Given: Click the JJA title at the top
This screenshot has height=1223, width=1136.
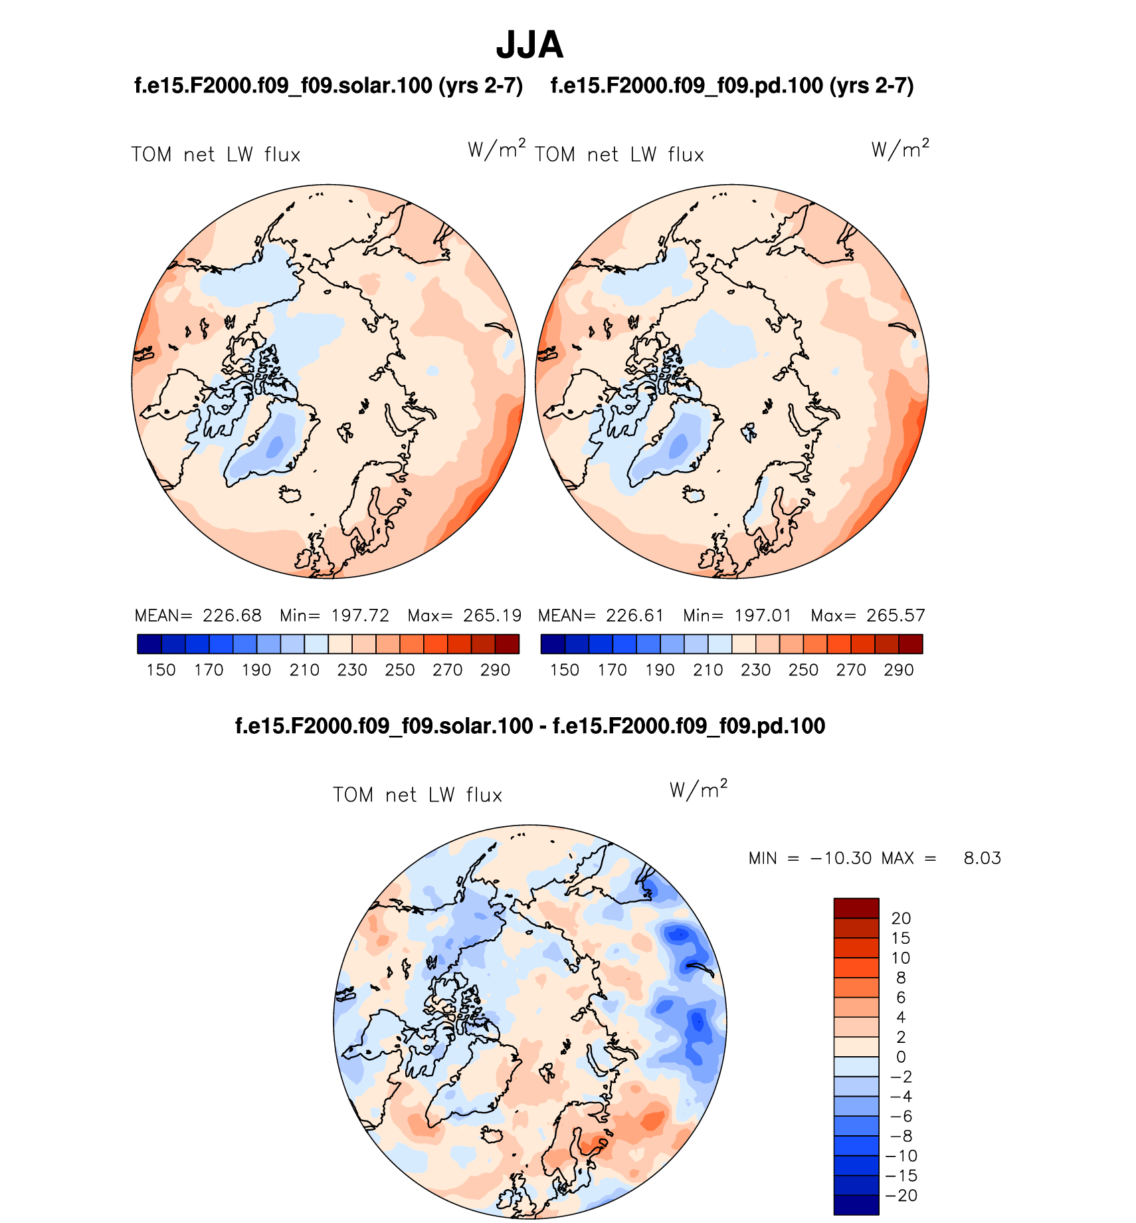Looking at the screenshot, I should [529, 45].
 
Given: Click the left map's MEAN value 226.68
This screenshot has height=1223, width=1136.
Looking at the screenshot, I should [232, 615].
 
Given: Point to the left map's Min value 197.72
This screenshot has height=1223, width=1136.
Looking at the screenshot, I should [360, 615].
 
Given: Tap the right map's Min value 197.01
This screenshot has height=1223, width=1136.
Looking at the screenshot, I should [763, 615].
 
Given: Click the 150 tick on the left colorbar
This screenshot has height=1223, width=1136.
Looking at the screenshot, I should [161, 670].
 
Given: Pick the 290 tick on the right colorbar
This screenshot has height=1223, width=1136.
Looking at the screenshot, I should [899, 670].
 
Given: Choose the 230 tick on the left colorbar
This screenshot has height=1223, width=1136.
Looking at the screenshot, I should [352, 670].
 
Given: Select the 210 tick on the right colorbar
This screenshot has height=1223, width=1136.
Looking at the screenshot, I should [708, 670].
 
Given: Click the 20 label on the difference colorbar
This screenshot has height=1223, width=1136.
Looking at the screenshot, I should [901, 919].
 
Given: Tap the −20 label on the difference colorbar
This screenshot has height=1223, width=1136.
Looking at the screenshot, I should [901, 1196].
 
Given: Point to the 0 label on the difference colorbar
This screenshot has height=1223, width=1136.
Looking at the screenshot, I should [901, 1057].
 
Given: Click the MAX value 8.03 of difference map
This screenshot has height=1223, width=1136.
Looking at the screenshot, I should [982, 858].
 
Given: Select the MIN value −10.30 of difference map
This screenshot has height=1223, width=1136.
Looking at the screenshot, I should [840, 858].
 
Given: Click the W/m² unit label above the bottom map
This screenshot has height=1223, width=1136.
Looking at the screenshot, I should [698, 790].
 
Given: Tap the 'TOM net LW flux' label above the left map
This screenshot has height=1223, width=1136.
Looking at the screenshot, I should [216, 155].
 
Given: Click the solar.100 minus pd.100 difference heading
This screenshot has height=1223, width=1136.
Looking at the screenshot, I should [530, 726].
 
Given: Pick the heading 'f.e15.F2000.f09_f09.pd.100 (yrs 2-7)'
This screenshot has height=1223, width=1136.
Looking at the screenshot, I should [732, 86].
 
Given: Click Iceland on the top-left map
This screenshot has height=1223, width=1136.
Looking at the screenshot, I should [290, 495].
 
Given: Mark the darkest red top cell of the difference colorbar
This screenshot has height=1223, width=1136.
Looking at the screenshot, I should [856, 908].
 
